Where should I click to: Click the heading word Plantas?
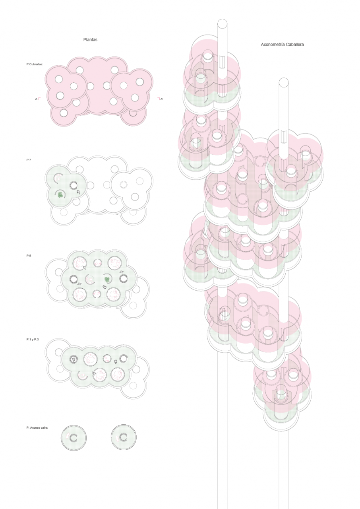pos(90,39)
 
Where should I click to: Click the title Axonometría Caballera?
pos(282,45)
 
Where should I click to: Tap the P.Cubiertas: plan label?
pos(35,64)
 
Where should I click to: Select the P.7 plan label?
pos(29,160)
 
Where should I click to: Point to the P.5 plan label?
pos(29,256)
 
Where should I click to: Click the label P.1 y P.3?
pos(33,340)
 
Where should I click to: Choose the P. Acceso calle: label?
pos(37,427)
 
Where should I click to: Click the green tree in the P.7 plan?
pos(60,194)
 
